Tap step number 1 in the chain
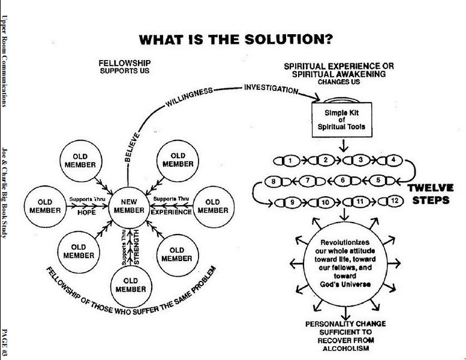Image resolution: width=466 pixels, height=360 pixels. tap(290, 160)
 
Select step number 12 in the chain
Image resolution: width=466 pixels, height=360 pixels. tap(394, 201)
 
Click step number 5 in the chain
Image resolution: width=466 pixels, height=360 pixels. tap(378, 180)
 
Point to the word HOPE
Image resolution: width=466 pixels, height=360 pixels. tap(88, 212)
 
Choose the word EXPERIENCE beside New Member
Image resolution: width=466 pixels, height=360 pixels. tap(171, 212)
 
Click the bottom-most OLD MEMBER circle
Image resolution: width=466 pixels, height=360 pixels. tap(131, 284)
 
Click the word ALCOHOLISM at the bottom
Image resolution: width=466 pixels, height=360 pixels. tap(345, 348)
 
